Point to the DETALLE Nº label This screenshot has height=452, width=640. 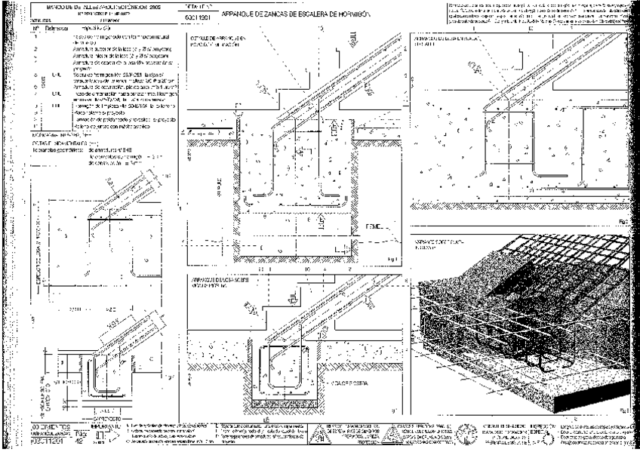pos(195,5)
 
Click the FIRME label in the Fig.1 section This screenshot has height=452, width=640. pos(374,226)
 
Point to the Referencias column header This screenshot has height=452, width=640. pos(57,27)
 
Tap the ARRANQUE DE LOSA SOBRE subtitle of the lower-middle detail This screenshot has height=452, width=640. pos(217,279)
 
